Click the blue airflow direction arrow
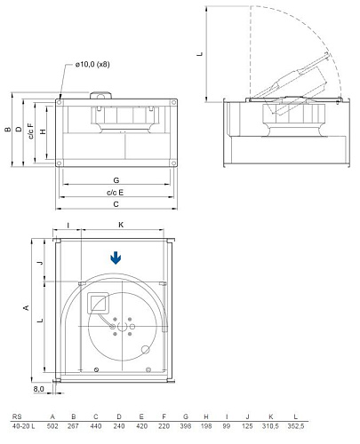[116, 258]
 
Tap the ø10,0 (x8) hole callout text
[92, 64]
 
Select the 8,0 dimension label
[38, 389]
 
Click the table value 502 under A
[52, 426]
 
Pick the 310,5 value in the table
[270, 426]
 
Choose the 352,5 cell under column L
[296, 426]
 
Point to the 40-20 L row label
[23, 426]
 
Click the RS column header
[17, 416]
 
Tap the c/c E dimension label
[115, 193]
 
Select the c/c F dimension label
[31, 131]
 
